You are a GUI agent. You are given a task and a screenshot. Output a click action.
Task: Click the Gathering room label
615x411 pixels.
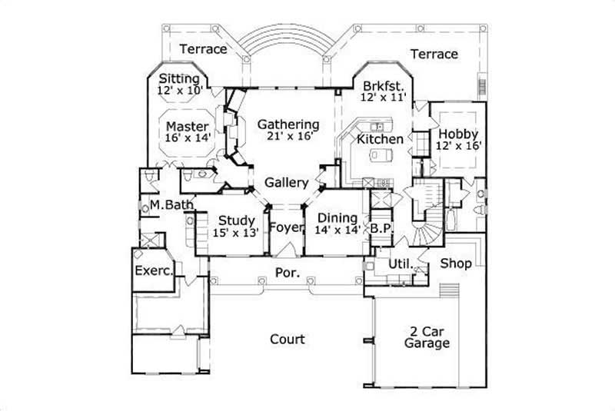tap(288, 124)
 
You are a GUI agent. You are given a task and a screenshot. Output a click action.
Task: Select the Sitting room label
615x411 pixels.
tap(178, 79)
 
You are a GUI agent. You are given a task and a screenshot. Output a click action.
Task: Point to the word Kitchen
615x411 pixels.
tap(380, 140)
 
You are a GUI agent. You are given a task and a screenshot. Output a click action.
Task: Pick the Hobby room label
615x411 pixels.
tap(459, 134)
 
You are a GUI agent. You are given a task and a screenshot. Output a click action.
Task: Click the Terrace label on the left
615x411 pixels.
tap(203, 49)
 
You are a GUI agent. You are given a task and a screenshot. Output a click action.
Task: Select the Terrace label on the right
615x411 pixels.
tap(434, 54)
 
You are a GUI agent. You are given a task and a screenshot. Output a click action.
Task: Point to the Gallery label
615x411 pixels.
tap(287, 183)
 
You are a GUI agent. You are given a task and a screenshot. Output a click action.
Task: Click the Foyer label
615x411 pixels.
tap(285, 227)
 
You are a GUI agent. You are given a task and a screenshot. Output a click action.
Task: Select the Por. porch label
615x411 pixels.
tap(284, 273)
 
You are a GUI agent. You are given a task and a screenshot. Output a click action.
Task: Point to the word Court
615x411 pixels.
tap(287, 339)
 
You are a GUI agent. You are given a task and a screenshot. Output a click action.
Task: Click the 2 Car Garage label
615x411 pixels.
tap(427, 337)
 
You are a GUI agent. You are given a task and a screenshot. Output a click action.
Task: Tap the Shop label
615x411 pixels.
tap(455, 264)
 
